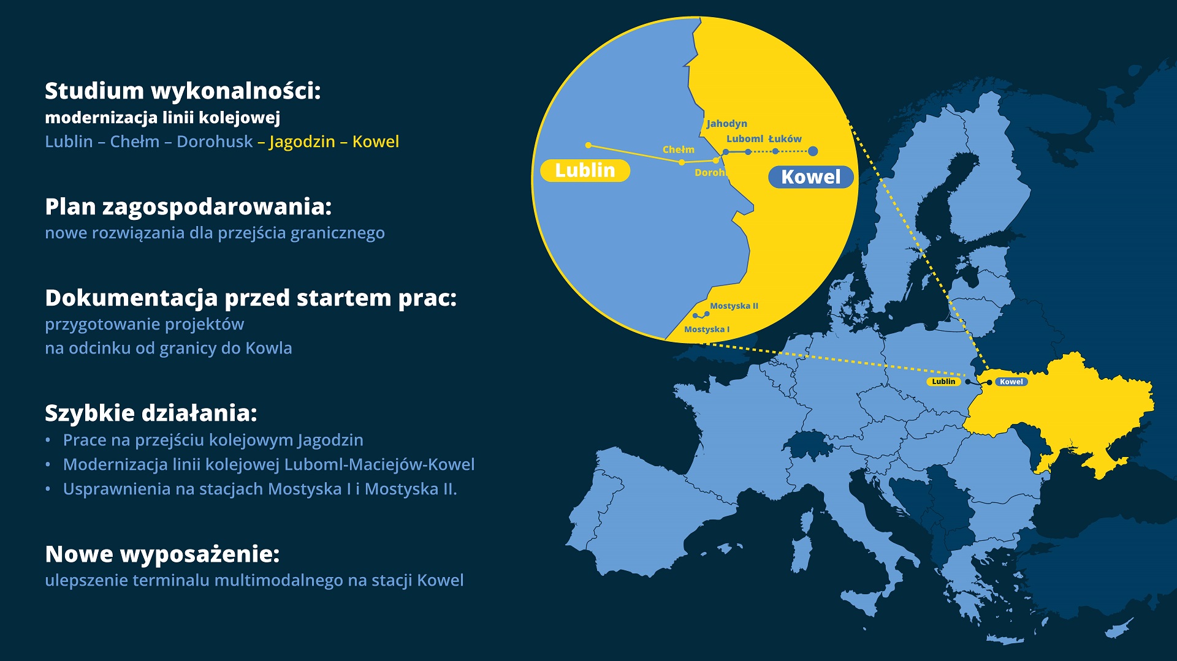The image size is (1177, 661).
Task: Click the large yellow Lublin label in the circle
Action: [585, 170]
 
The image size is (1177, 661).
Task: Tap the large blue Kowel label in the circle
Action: [810, 177]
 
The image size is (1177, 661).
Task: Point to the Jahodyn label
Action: [726, 124]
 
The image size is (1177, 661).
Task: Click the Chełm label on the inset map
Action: [679, 149]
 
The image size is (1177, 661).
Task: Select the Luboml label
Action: [745, 139]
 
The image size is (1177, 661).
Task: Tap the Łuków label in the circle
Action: [785, 139]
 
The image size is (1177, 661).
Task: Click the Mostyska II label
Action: [734, 306]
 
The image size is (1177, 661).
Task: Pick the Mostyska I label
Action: [707, 329]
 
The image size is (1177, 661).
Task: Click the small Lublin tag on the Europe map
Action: [943, 381]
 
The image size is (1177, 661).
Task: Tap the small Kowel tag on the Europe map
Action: [1011, 382]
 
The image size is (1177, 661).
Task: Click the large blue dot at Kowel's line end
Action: [813, 151]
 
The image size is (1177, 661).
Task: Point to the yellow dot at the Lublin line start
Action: [588, 145]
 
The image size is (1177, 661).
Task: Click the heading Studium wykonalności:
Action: [183, 91]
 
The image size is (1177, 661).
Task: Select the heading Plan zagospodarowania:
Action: [188, 207]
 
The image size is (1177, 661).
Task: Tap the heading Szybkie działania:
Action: [151, 413]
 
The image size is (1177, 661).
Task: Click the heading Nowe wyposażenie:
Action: [162, 554]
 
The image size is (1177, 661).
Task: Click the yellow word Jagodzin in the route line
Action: [302, 142]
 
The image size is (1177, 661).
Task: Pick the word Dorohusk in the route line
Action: [215, 142]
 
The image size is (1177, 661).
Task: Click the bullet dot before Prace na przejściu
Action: [48, 440]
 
